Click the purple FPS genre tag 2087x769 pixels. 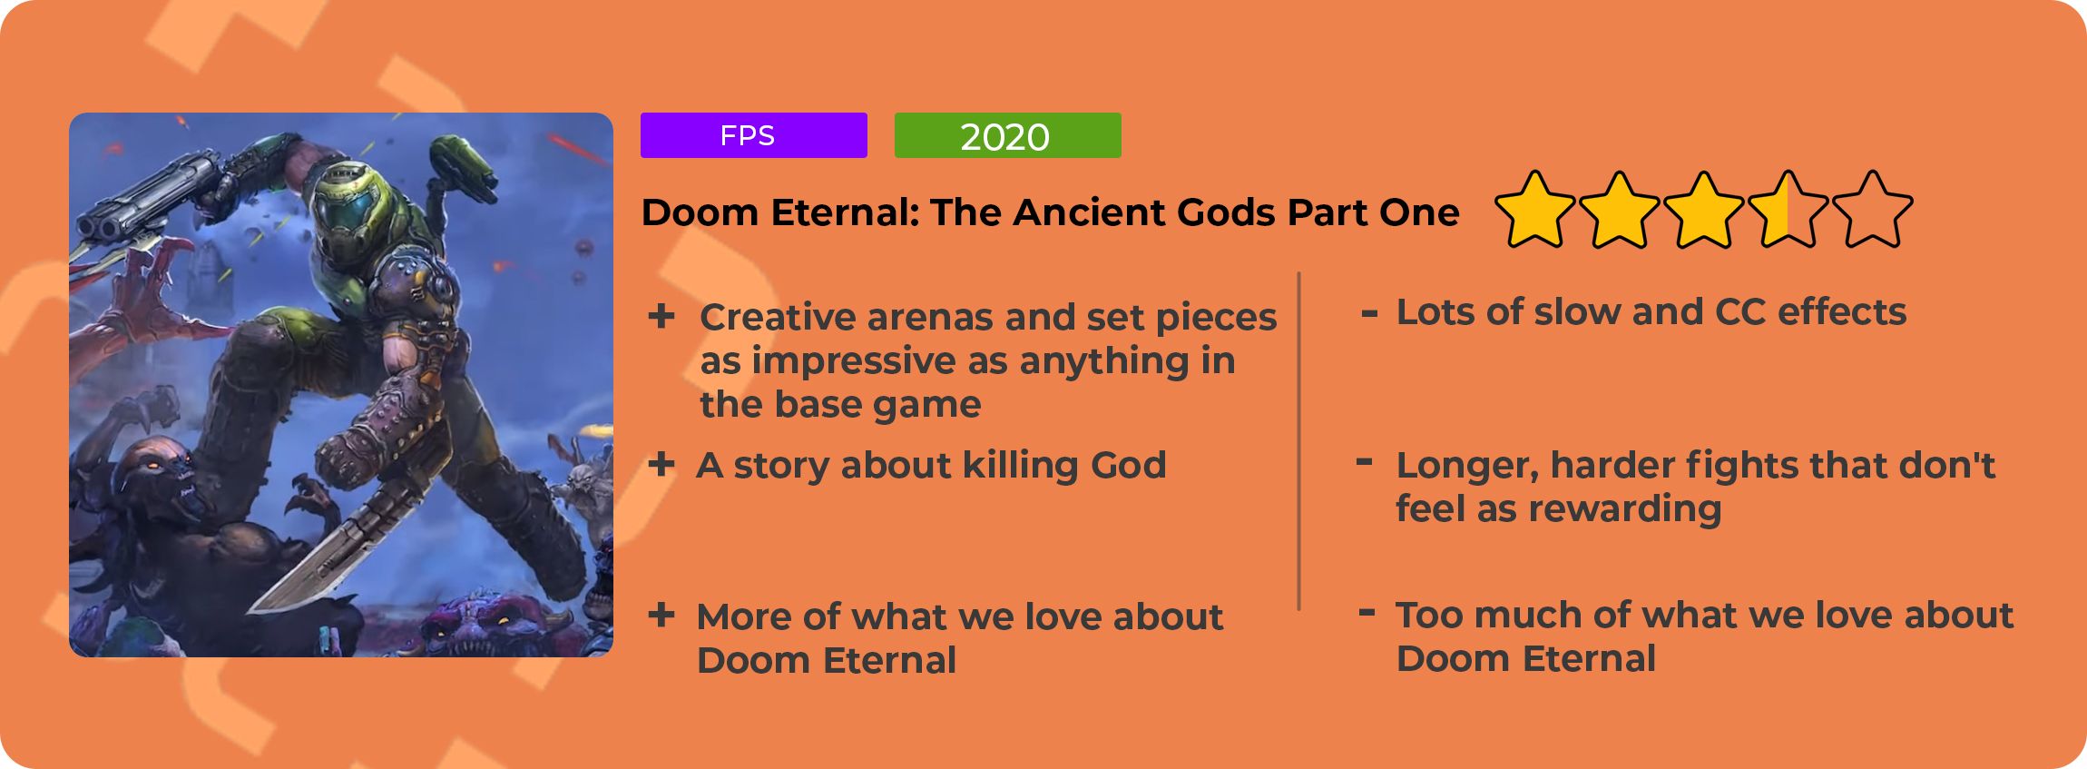753,135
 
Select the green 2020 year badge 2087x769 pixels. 1007,135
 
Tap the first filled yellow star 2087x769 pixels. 1534,210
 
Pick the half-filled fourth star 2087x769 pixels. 1788,210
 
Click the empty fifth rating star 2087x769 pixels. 1872,210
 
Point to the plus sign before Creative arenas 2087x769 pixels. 661,316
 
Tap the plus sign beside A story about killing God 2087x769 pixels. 661,464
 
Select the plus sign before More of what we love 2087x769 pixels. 661,615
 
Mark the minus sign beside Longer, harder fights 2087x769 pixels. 1364,462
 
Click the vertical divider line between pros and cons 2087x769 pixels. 1298,441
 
